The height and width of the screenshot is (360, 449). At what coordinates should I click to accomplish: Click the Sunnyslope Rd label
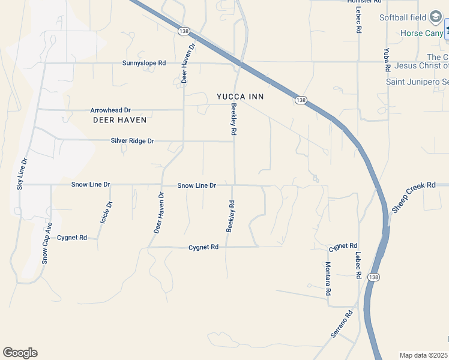pyautogui.click(x=144, y=62)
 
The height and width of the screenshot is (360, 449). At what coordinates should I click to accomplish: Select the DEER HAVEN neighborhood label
pyautogui.click(x=120, y=120)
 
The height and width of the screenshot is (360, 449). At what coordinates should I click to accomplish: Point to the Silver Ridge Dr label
pyautogui.click(x=133, y=141)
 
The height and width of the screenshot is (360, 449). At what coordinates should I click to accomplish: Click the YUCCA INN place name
pyautogui.click(x=240, y=96)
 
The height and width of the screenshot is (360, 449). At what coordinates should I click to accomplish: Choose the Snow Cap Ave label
pyautogui.click(x=47, y=244)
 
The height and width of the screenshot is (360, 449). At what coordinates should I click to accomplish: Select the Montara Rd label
pyautogui.click(x=328, y=279)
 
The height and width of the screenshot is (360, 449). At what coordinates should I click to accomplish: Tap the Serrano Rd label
pyautogui.click(x=340, y=323)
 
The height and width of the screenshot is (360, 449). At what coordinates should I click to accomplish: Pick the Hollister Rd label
pyautogui.click(x=364, y=2)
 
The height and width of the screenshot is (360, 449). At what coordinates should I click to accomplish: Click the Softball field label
pyautogui.click(x=403, y=17)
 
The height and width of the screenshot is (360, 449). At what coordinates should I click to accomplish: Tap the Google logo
pyautogui.click(x=20, y=353)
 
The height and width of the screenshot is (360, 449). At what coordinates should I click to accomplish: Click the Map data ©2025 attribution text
pyautogui.click(x=424, y=355)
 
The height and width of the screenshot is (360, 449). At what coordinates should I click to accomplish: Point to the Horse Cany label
pyautogui.click(x=422, y=33)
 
